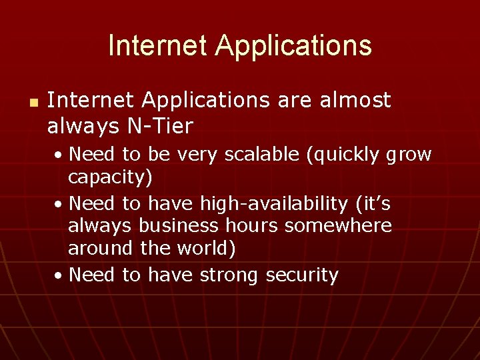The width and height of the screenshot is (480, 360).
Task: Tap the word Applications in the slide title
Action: (293, 46)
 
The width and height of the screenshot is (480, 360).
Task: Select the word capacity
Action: (110, 178)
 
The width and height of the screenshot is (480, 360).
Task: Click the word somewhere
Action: (338, 225)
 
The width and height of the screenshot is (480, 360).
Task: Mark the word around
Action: (101, 249)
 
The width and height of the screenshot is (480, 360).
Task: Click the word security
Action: (302, 274)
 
